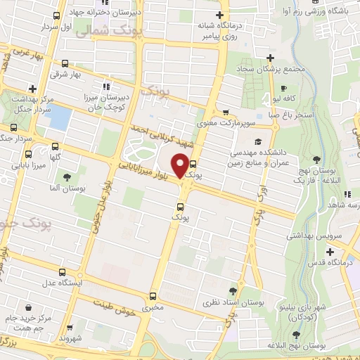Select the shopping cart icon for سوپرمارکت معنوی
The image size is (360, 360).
click(x=226, y=112)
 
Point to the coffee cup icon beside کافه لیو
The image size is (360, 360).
click(x=283, y=89)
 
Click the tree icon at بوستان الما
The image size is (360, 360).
click(x=67, y=178)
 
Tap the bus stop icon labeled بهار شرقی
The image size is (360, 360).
click(x=66, y=63)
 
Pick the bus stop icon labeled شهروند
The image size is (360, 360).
click(x=71, y=328)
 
